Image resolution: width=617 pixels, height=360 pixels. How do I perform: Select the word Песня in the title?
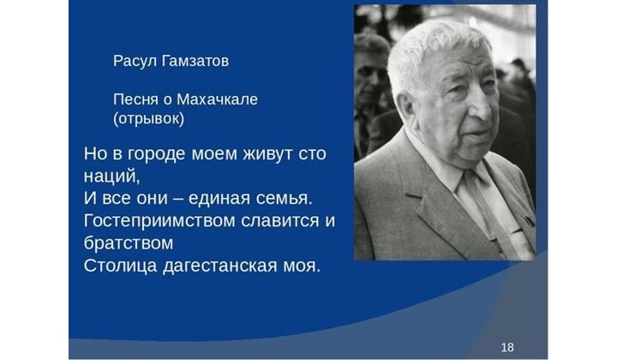point(135,99)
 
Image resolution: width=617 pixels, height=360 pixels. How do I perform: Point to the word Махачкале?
point(217,99)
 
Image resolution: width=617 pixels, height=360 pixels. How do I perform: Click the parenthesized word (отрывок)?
point(149,119)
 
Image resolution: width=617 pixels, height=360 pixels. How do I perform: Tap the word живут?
point(268,154)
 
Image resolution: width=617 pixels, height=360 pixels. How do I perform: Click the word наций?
point(111,177)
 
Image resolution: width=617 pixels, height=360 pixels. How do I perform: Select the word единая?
point(219,198)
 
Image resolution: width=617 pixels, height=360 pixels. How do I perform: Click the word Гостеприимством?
point(159,221)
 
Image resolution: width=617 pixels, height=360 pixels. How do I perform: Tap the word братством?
point(129,243)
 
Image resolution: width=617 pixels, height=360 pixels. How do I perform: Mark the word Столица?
point(121,266)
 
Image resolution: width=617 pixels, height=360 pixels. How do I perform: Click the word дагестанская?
point(220,267)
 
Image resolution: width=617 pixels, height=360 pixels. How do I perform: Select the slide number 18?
point(507,347)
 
